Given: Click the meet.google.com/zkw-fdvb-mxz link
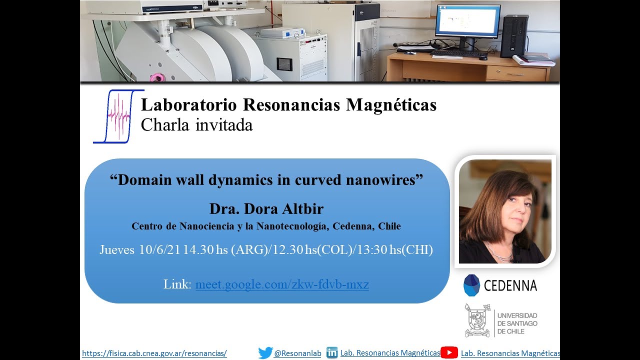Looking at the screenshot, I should click(282, 285).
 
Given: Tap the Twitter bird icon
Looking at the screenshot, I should click(265, 353).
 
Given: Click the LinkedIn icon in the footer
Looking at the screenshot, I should click(332, 352).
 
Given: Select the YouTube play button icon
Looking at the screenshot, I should click(449, 353).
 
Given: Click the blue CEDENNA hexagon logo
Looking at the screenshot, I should click(471, 285).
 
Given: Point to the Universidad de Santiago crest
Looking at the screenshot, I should click(477, 320).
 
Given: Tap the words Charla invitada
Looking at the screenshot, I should click(196, 124).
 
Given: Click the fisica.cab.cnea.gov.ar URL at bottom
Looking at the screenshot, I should click(154, 353).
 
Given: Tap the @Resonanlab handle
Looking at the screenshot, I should click(297, 353).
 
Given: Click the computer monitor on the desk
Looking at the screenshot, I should click(467, 22).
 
